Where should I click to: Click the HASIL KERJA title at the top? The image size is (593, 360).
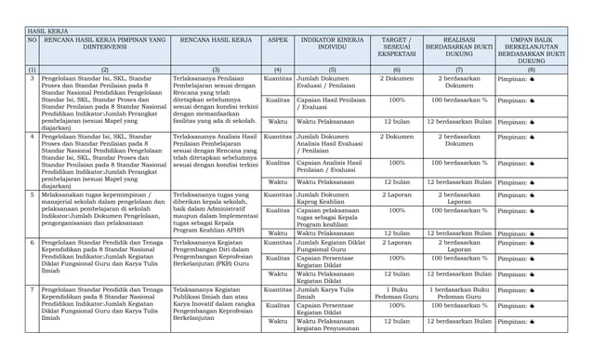coord(46,31)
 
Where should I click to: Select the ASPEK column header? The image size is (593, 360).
coord(277,42)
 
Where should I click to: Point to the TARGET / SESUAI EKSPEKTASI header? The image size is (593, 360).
coord(396,47)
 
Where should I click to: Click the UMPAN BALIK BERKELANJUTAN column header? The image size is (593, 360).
coord(531,50)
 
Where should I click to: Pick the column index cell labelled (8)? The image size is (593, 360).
coord(531,70)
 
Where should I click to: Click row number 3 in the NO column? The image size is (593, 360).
coord(33,79)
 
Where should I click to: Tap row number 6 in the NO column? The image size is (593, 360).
coord(33,243)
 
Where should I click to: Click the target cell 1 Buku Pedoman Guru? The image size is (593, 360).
coord(396,294)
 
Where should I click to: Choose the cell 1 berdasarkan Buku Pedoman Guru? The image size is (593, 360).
coord(459,294)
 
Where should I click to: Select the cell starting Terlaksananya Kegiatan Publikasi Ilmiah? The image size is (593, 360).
coord(214,303)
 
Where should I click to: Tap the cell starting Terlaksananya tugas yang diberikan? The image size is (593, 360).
coord(214,213)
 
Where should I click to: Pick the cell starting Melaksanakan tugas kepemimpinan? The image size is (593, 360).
coord(103,209)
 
